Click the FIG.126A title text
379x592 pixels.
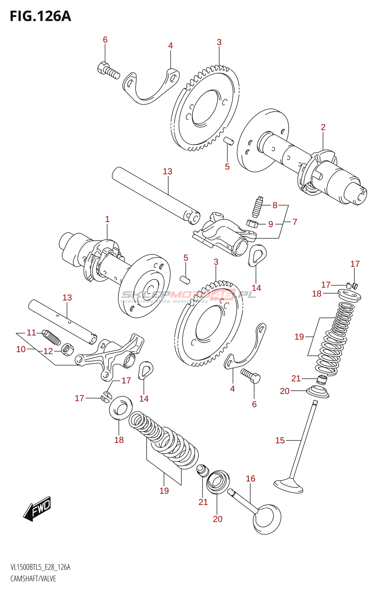point(40,17)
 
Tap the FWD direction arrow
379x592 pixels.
point(37,509)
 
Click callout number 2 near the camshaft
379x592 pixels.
point(323,127)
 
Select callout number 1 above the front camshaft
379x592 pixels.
point(107,219)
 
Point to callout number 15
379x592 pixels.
point(280,440)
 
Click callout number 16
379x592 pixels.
point(251,479)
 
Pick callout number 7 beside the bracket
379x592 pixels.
point(295,222)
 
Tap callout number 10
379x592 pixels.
point(21,349)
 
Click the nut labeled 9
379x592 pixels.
point(252,223)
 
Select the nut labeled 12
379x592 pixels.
point(67,349)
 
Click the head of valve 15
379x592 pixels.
point(289,485)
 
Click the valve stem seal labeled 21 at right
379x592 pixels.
point(322,380)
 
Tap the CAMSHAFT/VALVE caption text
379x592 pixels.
point(33,579)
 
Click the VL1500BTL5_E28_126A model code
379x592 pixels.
point(40,567)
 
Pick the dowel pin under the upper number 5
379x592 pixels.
point(228,141)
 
